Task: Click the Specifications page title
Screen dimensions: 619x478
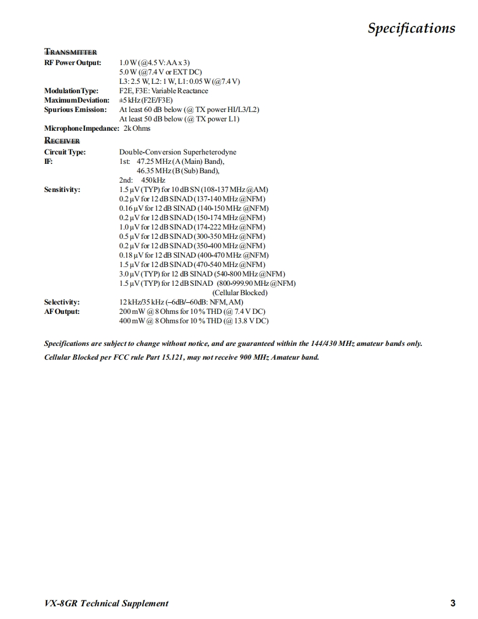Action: coord(411,28)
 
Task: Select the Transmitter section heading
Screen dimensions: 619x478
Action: coord(71,52)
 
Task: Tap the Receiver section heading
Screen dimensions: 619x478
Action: coord(62,141)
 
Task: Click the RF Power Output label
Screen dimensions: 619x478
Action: coord(72,62)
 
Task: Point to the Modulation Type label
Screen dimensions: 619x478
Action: coord(71,90)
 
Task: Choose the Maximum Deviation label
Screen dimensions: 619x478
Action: coord(77,100)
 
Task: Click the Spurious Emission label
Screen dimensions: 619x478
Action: coord(75,109)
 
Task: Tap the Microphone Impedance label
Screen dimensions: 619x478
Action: coord(81,128)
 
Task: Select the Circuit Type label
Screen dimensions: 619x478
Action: coord(65,152)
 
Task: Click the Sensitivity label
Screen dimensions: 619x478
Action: coord(62,189)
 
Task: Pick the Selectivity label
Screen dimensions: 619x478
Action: coord(62,302)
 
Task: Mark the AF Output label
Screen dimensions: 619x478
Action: coord(62,311)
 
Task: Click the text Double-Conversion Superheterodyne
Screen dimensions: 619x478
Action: coord(178,152)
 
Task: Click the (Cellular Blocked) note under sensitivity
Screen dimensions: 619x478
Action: coord(240,292)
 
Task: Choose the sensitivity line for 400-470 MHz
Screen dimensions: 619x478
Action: coord(194,255)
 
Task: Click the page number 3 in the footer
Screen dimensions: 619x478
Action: coord(453,603)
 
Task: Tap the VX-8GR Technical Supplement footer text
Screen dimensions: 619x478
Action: coord(106,603)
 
